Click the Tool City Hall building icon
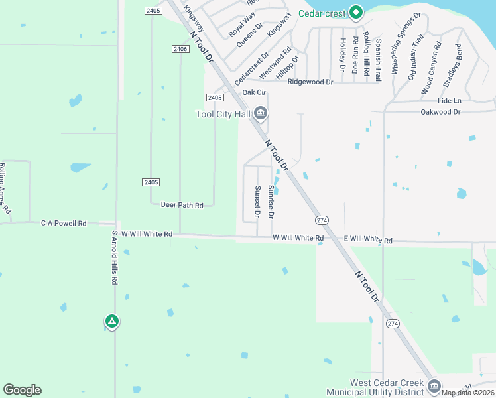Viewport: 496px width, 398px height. [261, 114]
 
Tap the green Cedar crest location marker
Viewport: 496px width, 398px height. [356, 12]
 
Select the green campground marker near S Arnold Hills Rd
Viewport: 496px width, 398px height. [112, 322]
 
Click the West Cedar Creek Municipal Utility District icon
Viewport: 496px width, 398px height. [434, 386]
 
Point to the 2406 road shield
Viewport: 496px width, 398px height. [180, 49]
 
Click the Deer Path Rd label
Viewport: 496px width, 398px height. [182, 205]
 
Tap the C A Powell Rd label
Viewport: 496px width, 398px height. [64, 224]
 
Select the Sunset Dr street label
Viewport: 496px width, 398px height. [257, 202]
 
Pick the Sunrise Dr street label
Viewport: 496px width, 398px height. [271, 202]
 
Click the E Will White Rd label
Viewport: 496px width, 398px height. [367, 239]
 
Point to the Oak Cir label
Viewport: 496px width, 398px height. [254, 92]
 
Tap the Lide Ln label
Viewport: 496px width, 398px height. [449, 100]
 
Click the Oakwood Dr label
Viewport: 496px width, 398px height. [440, 112]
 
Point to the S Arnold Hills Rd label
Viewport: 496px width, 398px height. [114, 257]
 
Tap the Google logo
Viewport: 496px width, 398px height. [22, 389]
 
